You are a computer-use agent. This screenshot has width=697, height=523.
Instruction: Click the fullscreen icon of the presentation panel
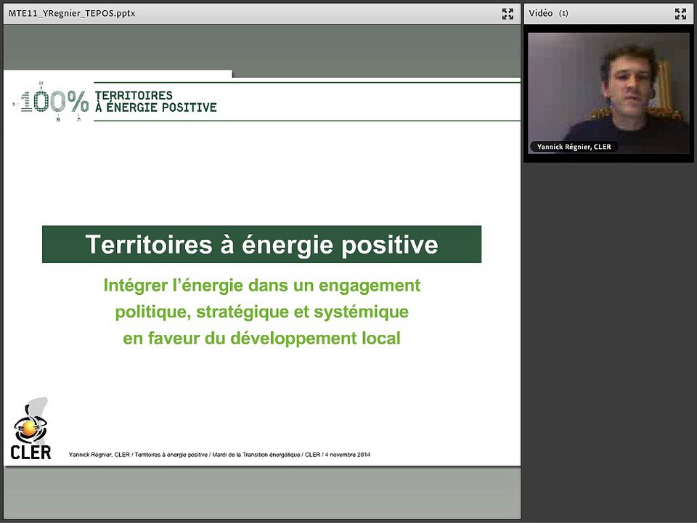[x=508, y=13]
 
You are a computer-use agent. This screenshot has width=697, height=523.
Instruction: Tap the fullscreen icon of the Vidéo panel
[x=680, y=13]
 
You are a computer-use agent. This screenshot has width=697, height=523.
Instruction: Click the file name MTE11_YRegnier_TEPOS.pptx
[x=71, y=13]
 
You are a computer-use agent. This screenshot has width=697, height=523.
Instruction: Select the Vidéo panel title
[x=540, y=13]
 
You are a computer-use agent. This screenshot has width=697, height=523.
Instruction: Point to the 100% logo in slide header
[x=54, y=102]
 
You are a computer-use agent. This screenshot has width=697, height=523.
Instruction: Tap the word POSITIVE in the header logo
[x=192, y=108]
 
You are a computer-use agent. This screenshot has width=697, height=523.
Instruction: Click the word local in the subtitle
[x=380, y=338]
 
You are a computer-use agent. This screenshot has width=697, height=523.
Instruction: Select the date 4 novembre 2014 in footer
[x=347, y=455]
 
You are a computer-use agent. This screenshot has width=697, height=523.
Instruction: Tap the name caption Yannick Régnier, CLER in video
[x=574, y=147]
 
